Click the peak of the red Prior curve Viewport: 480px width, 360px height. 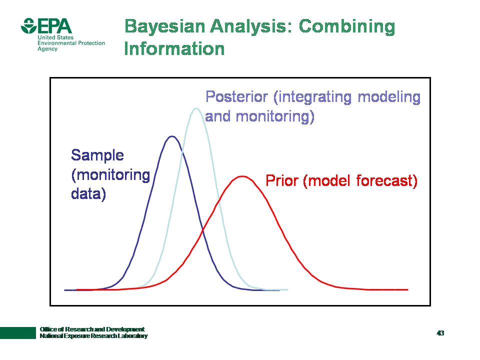click(242, 176)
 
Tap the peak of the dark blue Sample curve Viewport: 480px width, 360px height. click(172, 136)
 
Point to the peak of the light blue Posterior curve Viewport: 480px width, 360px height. click(196, 108)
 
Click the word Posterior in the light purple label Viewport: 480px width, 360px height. click(236, 96)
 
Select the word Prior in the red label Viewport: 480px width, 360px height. click(282, 180)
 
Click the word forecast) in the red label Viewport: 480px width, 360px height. click(387, 180)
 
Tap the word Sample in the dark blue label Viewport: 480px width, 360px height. click(97, 155)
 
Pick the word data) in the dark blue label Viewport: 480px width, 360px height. click(88, 194)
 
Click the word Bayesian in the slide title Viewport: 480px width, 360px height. click(164, 26)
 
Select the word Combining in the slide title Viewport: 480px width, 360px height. click(347, 26)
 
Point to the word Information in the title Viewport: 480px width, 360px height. click(174, 48)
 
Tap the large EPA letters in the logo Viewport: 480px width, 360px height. click(55, 26)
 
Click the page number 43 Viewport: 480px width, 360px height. click(440, 333)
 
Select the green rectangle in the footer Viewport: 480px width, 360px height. click(18, 333)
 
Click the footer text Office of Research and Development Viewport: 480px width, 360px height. click(92, 329)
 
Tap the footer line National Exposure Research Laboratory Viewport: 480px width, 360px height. click(93, 336)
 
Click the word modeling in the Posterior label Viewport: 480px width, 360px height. click(389, 97)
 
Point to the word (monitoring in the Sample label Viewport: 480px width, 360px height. click(110, 175)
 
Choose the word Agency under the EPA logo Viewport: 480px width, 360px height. click(47, 49)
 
